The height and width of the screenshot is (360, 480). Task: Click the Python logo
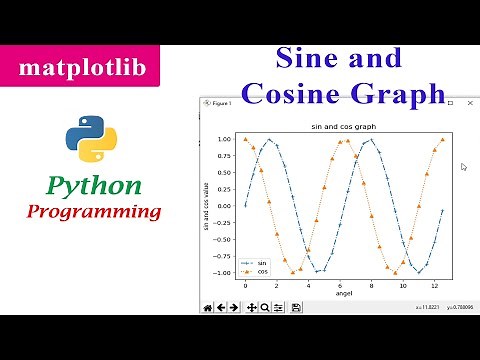pos(83,139)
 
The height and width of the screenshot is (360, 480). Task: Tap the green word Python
pos(85,187)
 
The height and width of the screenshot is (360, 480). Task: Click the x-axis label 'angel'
pos(343,294)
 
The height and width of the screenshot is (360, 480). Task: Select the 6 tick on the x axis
pos(340,285)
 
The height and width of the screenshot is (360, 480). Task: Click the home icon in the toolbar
pos(208,308)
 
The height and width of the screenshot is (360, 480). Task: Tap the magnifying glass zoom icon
pos(265,308)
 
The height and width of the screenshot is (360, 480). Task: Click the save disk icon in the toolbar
pos(296,308)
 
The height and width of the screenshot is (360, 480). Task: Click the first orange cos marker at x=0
pos(245,139)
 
